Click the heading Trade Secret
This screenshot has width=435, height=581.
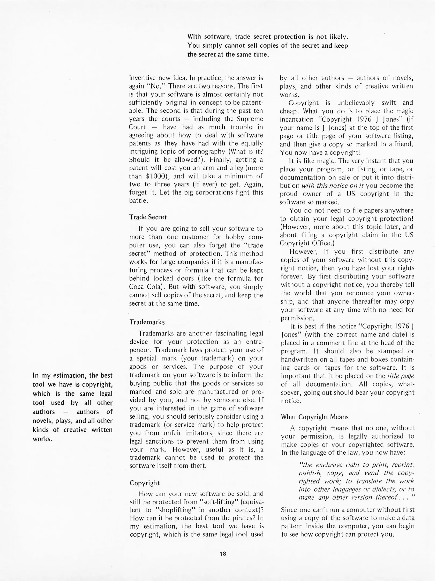click(x=148, y=217)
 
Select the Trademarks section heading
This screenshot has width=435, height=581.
click(x=147, y=322)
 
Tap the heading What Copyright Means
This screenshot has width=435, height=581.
click(x=315, y=417)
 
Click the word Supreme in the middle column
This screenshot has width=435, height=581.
click(x=250, y=119)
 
